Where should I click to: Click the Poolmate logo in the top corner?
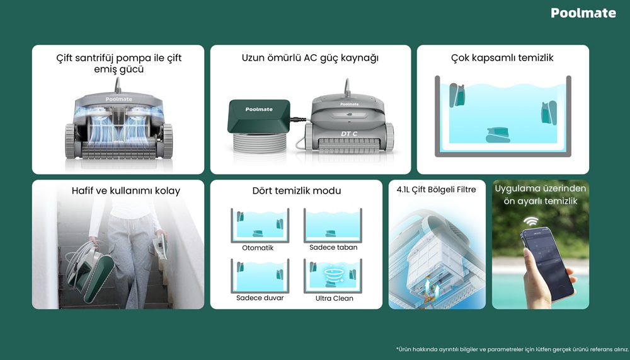point(583,13)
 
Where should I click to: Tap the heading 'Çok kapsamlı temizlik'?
point(502,59)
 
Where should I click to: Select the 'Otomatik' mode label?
point(258,248)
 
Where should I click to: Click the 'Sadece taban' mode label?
point(333,247)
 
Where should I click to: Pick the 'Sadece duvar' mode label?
point(260,298)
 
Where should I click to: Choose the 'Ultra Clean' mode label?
point(334,298)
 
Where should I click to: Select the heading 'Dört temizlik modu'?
point(296,190)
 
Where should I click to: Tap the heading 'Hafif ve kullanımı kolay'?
point(125,190)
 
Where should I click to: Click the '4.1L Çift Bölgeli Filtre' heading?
point(436,189)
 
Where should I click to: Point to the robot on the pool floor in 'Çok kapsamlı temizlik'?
point(498,134)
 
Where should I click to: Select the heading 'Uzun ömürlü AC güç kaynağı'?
point(309,59)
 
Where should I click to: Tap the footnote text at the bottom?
point(512,349)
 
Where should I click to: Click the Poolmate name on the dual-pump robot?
point(118,99)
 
